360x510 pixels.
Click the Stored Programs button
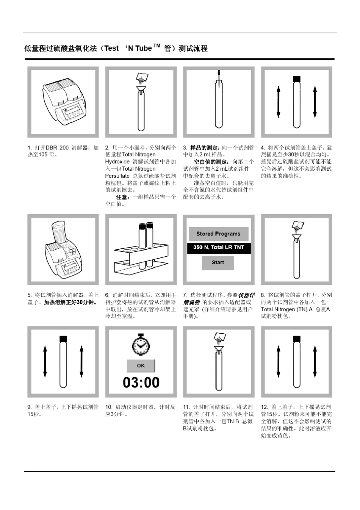point(218,234)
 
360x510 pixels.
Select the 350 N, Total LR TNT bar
point(219,248)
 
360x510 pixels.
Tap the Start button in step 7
point(218,262)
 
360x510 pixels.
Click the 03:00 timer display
point(141,382)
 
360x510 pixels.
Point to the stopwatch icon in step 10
point(141,345)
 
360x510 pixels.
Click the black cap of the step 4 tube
point(297,79)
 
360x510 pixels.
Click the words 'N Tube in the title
point(138,49)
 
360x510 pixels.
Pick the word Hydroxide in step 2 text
point(117,162)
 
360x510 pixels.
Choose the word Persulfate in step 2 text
point(117,176)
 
